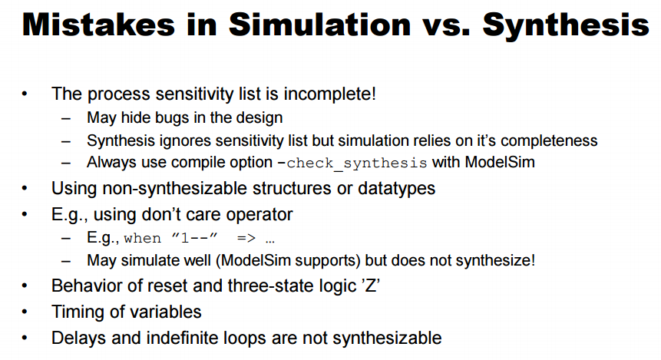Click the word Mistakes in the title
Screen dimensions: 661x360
(98, 25)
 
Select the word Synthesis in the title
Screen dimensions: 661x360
(566, 26)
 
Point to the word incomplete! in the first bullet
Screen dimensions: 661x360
(329, 94)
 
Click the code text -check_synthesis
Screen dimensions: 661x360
(352, 163)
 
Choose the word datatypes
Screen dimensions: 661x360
(396, 188)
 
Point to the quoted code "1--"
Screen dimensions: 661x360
(195, 238)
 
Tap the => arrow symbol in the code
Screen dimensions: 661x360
(246, 238)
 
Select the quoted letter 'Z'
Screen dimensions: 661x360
(371, 286)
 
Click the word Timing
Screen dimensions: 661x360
(78, 312)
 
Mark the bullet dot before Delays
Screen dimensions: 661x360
(25, 338)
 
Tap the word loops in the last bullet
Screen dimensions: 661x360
(245, 339)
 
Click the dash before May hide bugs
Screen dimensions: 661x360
(66, 118)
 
